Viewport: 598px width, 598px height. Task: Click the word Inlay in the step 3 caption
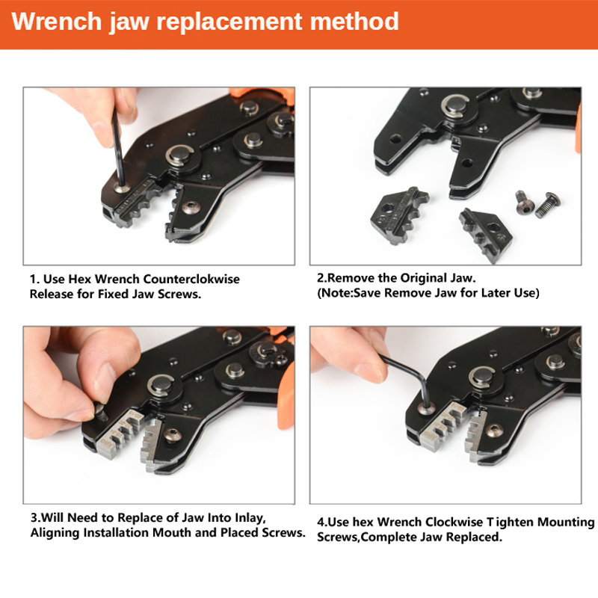point(246,517)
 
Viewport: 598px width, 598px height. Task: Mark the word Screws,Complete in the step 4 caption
point(363,537)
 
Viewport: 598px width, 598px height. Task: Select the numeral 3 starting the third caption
point(33,517)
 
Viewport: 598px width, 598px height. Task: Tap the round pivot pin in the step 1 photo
point(177,157)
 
